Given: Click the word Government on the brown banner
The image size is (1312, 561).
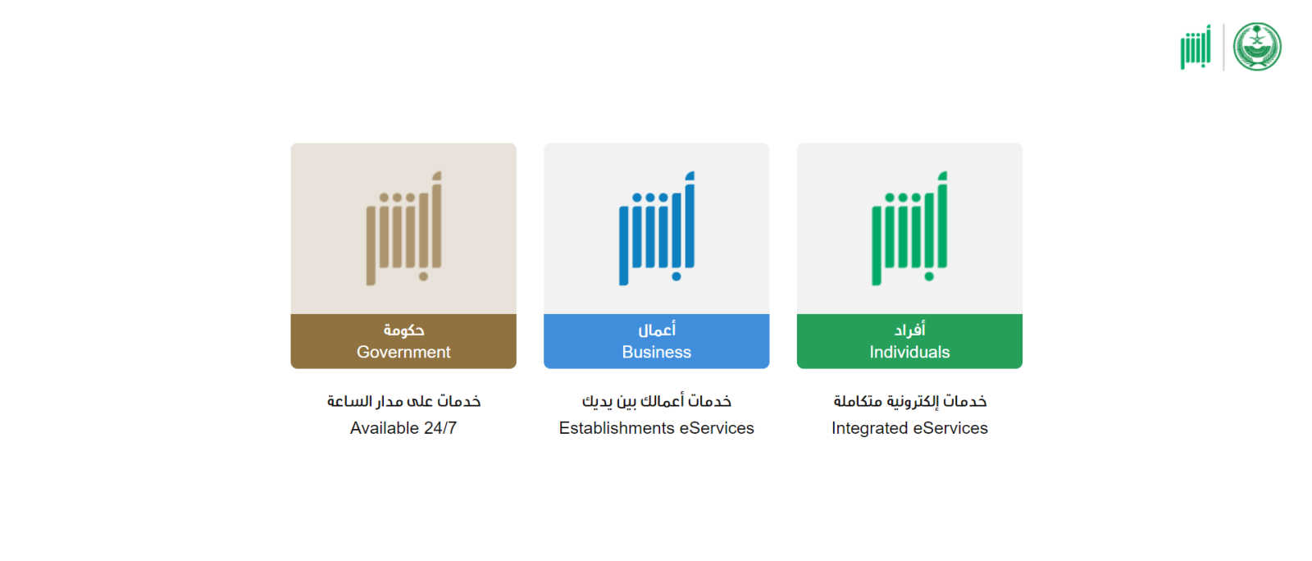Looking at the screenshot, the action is point(403,352).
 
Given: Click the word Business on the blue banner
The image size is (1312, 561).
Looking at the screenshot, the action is point(657,352).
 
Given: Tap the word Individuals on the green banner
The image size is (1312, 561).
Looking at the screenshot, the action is point(909,352).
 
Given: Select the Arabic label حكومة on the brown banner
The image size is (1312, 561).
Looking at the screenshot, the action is point(403,331).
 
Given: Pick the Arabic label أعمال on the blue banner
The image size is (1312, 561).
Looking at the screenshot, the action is point(657,330).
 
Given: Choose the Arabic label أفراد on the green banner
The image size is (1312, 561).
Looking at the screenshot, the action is point(909,330).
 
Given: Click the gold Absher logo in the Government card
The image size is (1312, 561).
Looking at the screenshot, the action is point(403,228).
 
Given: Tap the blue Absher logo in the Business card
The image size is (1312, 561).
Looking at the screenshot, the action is point(657,228).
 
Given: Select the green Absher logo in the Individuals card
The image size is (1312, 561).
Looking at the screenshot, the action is point(909,228).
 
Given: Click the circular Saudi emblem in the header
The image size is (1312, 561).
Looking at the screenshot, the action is point(1257,47).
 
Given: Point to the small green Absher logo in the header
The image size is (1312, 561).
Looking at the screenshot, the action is point(1196,48).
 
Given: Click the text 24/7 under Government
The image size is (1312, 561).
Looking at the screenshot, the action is point(440,428).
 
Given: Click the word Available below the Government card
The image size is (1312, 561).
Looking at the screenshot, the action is point(385,428).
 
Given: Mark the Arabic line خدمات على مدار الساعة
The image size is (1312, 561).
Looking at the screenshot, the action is point(403,401).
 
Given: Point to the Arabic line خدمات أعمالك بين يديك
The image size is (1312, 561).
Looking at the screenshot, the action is point(657,401).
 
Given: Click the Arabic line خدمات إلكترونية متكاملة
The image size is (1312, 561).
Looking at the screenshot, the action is point(909,401).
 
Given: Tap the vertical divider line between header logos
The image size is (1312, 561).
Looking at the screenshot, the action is point(1223,47).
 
